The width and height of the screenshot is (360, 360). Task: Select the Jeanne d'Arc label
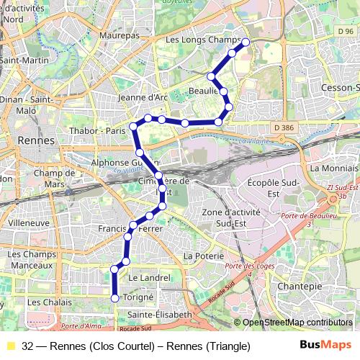(x=142, y=97)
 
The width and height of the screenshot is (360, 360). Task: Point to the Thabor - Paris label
(x=98, y=131)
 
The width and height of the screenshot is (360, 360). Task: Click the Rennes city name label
(x=36, y=140)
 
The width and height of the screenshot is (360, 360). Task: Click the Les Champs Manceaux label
(x=34, y=260)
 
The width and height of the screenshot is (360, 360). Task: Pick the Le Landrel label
(x=150, y=277)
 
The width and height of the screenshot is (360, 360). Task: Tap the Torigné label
(x=140, y=297)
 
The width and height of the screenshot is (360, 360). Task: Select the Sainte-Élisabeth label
(x=159, y=315)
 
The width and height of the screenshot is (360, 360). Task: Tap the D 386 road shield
(x=285, y=127)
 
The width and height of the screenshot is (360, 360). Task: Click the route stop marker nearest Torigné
(x=114, y=298)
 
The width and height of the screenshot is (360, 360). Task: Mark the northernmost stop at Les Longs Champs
(x=246, y=42)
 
